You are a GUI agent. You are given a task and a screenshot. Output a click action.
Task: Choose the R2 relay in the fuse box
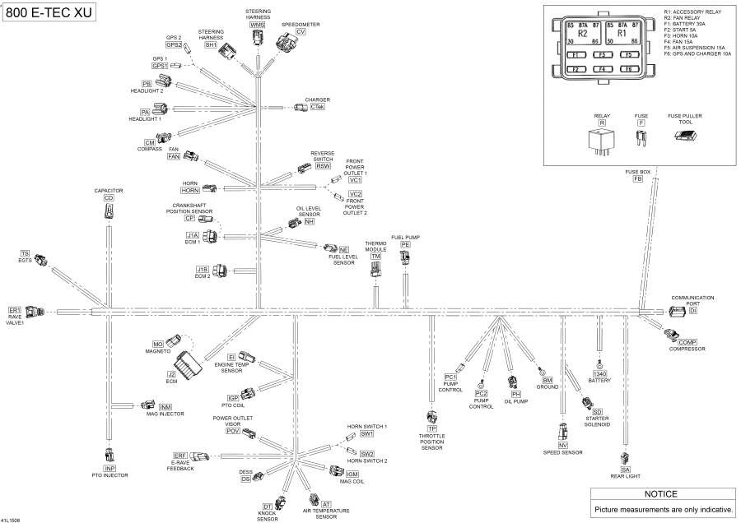pos(583,35)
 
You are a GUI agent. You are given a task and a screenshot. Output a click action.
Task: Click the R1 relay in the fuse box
pos(622,35)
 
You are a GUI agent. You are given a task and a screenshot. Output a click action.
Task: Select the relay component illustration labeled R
pos(602,141)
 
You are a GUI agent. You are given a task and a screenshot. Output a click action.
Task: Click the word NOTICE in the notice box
pos(660,494)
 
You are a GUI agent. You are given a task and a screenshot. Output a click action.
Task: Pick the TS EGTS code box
pos(25,253)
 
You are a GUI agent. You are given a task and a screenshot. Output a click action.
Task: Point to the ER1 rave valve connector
pos(35,312)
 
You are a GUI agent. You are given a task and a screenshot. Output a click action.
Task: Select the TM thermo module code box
pos(375,257)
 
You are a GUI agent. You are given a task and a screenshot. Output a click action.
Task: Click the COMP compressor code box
pos(687,341)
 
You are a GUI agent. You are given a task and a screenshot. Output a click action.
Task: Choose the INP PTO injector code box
pos(110,468)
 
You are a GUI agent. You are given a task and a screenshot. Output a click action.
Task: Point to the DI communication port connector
pos(676,312)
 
